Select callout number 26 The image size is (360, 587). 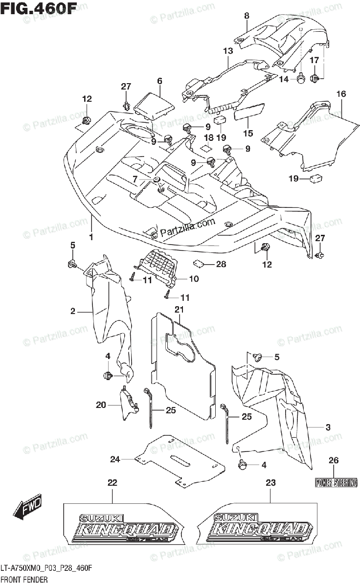point(334,460)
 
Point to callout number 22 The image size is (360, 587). point(112,483)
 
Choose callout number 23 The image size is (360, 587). point(270,483)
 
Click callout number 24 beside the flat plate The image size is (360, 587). point(115,459)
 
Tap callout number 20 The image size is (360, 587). point(101,405)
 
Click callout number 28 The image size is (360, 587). point(221,265)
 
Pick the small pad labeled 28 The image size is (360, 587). point(199,263)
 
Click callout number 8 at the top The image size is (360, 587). point(247,16)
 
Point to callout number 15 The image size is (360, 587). point(248,133)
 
